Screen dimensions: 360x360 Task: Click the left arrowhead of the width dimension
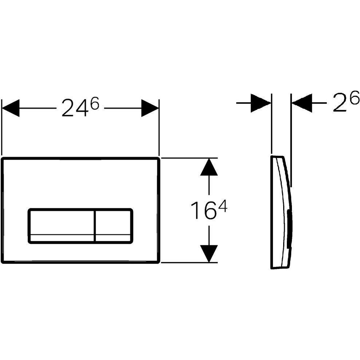pyautogui.click(x=11, y=108)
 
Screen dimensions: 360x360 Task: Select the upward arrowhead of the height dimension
pyautogui.click(x=209, y=167)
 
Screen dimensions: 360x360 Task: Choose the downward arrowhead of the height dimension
pyautogui.click(x=209, y=253)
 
